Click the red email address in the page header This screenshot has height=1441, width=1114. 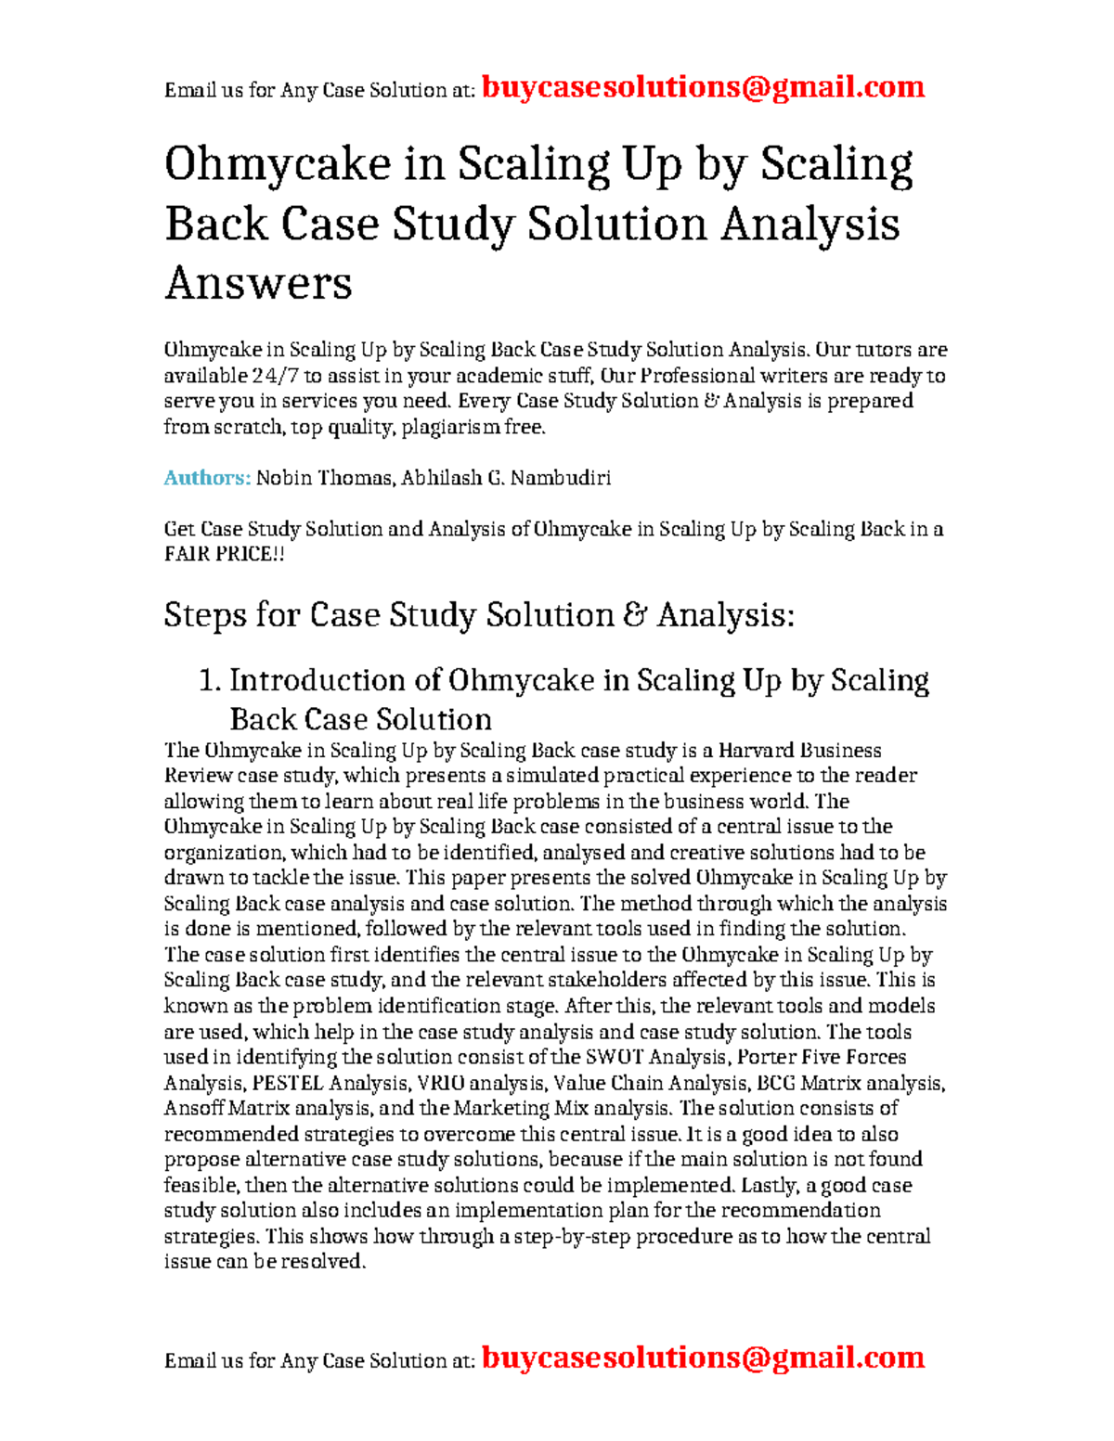click(x=703, y=87)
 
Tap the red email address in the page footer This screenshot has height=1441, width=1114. click(x=703, y=1357)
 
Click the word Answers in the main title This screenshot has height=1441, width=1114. click(x=258, y=282)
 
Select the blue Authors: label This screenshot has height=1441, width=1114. click(x=207, y=478)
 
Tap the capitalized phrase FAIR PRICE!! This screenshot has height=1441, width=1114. click(x=224, y=554)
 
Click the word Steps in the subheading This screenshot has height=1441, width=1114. click(x=205, y=615)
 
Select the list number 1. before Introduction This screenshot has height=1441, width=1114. click(x=210, y=680)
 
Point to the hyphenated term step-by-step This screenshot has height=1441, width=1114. click(x=559, y=1236)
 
